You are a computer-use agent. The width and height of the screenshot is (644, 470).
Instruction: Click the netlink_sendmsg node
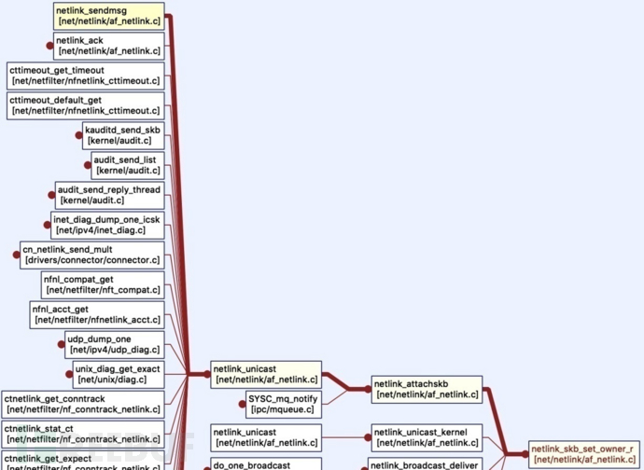point(109,16)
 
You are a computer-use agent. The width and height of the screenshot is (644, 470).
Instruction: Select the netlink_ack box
point(107,46)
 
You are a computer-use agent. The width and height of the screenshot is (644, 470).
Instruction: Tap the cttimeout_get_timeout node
point(85,76)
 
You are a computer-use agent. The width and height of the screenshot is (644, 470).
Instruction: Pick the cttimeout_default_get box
point(85,105)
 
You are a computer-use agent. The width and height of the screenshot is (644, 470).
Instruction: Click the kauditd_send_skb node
point(123,135)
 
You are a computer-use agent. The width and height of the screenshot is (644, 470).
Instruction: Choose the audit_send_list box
point(127,165)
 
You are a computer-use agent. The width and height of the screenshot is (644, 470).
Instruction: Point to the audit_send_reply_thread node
point(109,195)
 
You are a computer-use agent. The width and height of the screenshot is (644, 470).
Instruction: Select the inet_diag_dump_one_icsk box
point(107,225)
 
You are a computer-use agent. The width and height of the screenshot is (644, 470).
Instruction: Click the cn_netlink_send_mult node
point(91,255)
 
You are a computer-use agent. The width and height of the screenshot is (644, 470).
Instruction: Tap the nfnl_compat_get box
point(103,284)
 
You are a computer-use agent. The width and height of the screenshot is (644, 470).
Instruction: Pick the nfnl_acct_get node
point(97,314)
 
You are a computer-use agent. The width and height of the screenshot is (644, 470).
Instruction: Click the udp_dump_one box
point(114,344)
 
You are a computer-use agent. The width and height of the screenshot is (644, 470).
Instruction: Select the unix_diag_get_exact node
point(118,374)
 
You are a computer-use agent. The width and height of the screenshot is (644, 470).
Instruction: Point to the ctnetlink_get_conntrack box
point(83,404)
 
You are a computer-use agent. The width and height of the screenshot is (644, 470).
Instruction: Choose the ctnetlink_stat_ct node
point(83,434)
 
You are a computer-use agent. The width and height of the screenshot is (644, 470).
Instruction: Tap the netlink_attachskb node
point(427,389)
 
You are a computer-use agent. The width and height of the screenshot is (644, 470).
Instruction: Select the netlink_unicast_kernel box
point(427,436)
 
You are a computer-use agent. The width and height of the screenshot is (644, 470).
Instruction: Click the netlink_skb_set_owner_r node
point(584,454)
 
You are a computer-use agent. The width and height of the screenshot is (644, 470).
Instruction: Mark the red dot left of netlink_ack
point(49,46)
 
